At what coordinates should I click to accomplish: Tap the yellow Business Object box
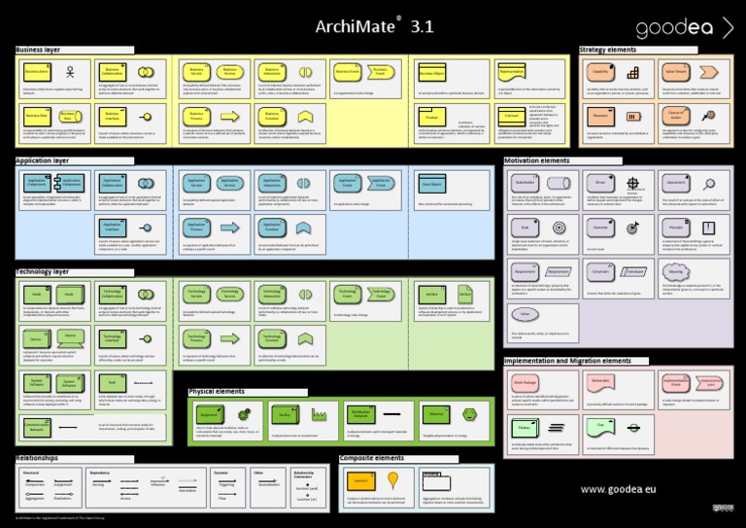(x=432, y=73)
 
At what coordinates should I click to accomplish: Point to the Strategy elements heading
(x=607, y=49)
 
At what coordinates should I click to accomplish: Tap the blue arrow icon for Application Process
(x=229, y=227)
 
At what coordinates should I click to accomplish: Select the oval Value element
(x=525, y=314)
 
